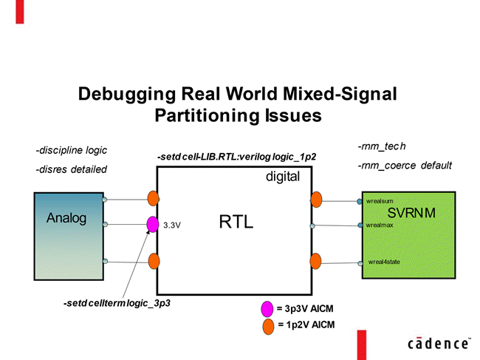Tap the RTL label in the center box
236,221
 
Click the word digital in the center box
283,177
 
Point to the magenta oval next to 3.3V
153,224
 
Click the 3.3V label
172,224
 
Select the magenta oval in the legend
267,308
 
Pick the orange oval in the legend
267,325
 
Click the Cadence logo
439,343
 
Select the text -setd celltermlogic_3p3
117,304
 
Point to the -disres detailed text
71,169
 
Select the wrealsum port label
380,200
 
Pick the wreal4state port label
384,262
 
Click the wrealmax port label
380,225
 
